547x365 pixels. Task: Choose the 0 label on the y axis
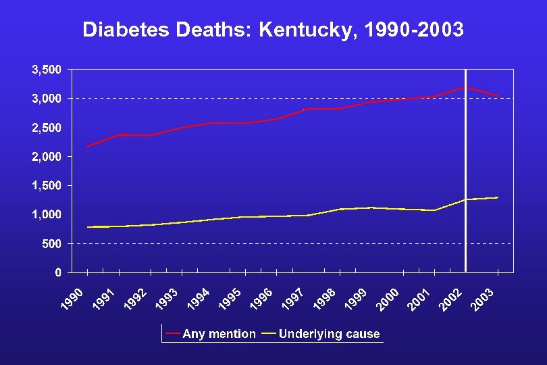coord(59,272)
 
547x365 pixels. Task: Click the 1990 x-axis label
coord(73,301)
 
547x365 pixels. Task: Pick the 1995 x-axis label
coord(231,301)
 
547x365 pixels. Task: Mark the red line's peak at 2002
coord(465,87)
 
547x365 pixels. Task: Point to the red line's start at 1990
coord(88,147)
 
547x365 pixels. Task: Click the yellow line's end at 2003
coord(498,197)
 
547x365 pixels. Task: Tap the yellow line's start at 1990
coord(88,227)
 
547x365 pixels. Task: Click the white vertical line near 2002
coord(465,169)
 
